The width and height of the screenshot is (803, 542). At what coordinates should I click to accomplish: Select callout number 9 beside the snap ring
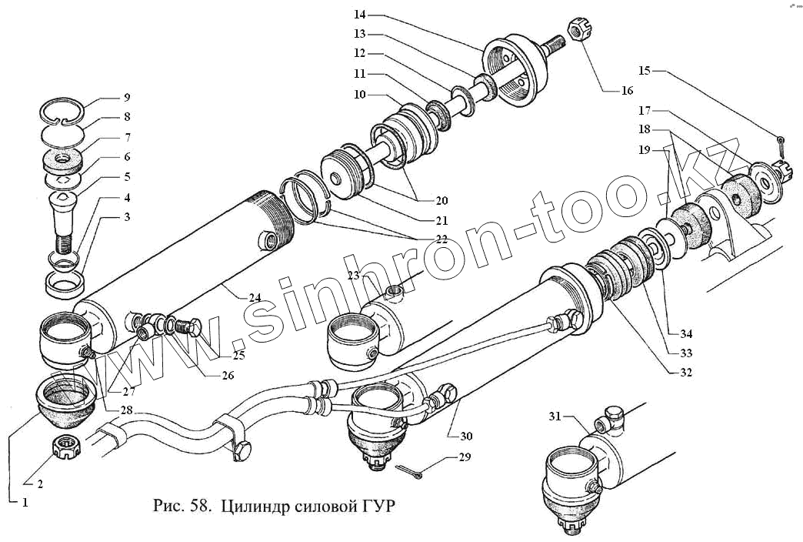point(126,98)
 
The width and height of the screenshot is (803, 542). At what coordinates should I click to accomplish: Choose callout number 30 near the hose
point(466,436)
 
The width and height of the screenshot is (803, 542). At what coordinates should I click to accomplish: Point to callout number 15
point(645,71)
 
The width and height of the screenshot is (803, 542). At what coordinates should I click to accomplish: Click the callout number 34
point(685,334)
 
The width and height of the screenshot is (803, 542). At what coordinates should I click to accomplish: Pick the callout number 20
point(440,201)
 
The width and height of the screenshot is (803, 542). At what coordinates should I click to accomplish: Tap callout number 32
point(685,373)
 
